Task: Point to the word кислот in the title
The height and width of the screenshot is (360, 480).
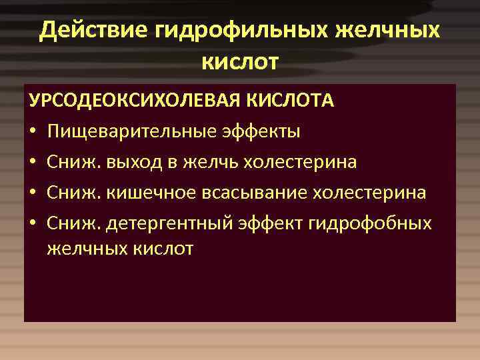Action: click(239, 62)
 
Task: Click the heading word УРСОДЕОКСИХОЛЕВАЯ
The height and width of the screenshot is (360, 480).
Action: click(136, 101)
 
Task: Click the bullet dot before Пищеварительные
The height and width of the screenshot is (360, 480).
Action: click(33, 131)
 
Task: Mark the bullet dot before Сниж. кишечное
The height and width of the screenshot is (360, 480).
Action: click(33, 193)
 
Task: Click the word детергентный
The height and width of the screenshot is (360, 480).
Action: click(161, 223)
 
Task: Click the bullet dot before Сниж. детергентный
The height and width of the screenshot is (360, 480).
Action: click(33, 223)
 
